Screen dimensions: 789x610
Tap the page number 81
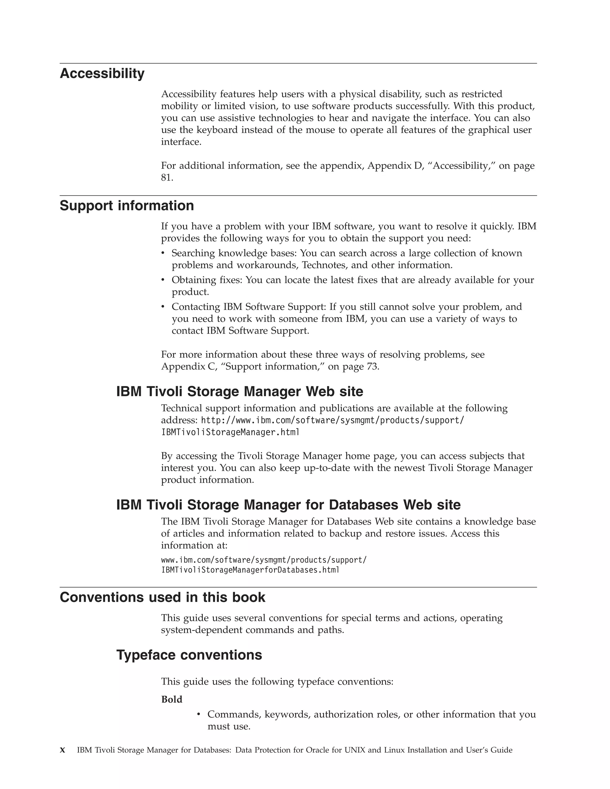(166, 178)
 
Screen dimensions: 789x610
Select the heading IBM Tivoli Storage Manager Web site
(239, 392)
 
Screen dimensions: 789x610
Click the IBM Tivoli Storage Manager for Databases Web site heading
(288, 505)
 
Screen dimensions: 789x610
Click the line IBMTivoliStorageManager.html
(230, 432)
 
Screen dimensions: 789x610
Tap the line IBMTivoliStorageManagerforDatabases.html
(250, 570)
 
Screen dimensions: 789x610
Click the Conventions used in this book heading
(162, 597)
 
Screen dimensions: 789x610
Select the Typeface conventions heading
(189, 655)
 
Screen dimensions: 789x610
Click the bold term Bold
(172, 699)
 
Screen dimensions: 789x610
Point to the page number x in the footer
(63, 750)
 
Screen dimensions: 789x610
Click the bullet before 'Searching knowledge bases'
(163, 253)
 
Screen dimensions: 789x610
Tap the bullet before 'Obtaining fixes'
(163, 280)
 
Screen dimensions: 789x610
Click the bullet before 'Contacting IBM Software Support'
(163, 306)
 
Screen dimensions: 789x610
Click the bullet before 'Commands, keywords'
(198, 714)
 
